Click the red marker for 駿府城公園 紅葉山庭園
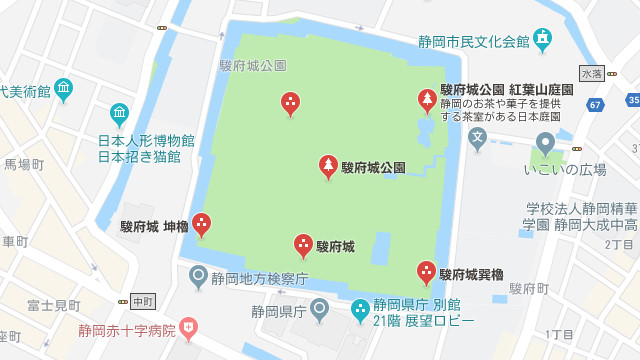(427, 100)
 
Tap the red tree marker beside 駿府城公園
(328, 166)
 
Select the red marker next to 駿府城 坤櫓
(202, 225)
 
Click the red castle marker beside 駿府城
(303, 245)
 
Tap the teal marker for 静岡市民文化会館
(542, 40)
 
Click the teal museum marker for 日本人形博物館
(119, 113)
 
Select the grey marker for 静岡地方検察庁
(199, 274)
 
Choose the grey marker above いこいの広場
(546, 143)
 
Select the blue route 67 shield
(596, 104)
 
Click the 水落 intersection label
(592, 74)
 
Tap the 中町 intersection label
(143, 300)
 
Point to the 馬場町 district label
(24, 164)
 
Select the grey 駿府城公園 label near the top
(252, 65)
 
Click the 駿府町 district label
(529, 288)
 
